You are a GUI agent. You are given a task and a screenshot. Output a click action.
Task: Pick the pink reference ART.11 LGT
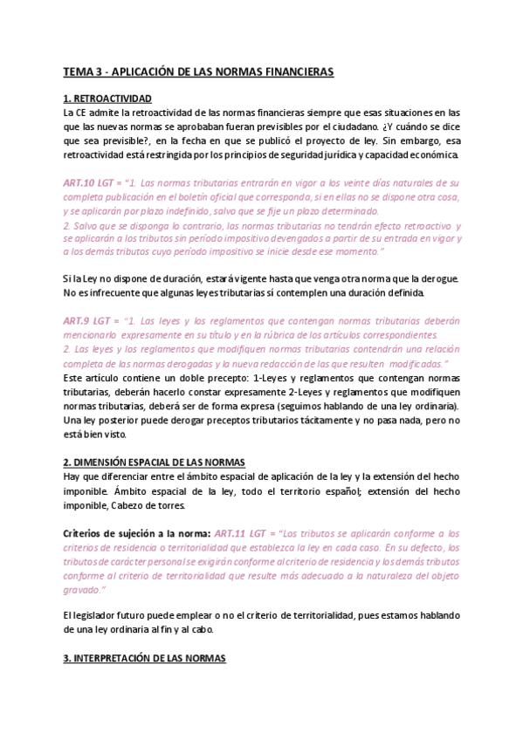245,532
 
